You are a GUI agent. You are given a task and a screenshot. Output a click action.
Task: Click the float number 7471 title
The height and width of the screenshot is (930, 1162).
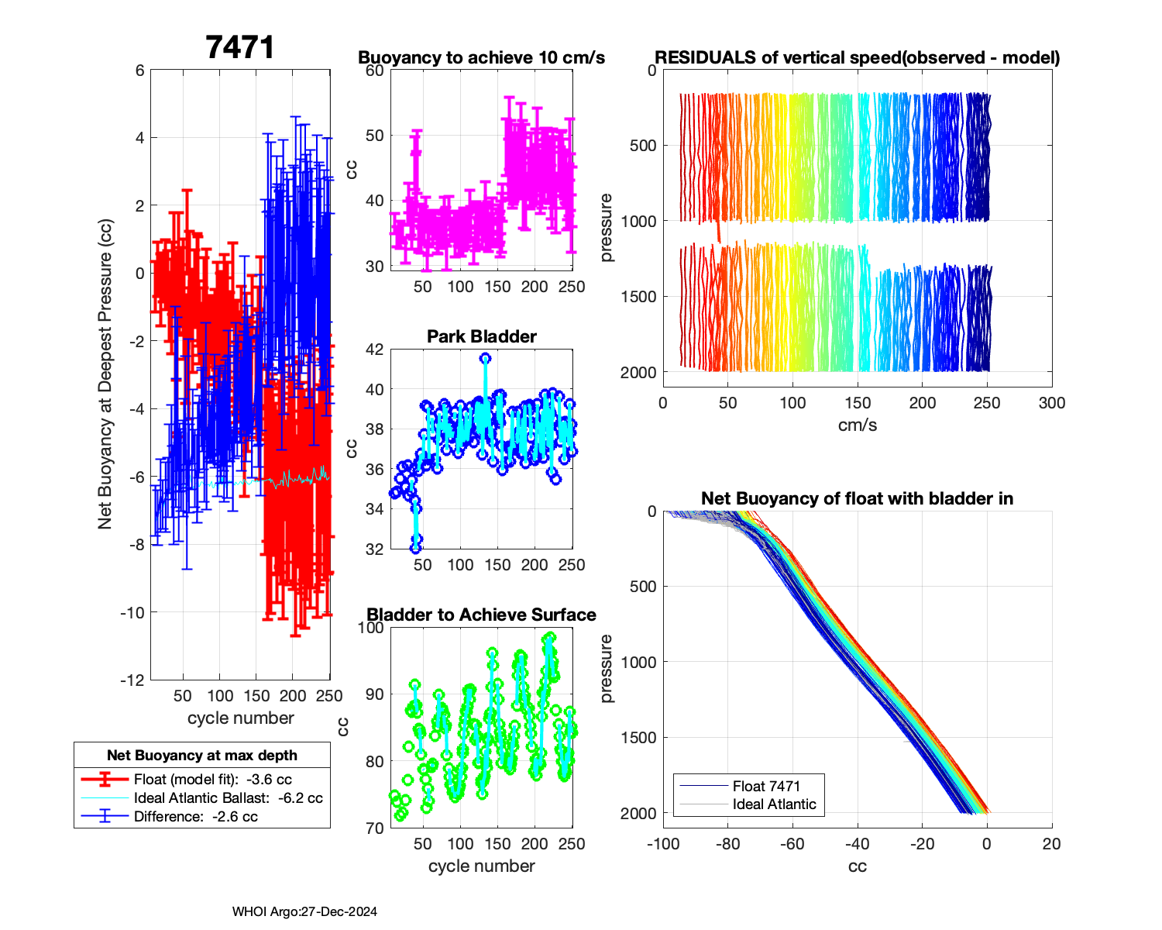(240, 47)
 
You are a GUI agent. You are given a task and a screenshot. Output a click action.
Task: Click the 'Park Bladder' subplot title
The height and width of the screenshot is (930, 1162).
(482, 336)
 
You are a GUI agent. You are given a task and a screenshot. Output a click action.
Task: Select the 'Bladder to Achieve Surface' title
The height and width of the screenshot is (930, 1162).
(482, 615)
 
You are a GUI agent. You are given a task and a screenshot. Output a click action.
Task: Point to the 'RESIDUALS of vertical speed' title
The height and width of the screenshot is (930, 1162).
(858, 57)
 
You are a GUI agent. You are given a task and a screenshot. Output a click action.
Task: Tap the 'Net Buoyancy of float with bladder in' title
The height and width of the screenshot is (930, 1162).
(858, 498)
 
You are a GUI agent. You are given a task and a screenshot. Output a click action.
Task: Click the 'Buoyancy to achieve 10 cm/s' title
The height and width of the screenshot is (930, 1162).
(482, 57)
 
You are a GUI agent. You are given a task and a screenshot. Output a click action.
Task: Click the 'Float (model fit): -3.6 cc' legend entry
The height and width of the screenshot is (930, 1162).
(213, 780)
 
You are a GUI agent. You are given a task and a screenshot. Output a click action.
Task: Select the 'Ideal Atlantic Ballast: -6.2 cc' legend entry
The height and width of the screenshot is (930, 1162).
(228, 798)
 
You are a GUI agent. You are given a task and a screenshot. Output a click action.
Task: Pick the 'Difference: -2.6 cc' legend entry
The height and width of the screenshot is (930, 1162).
(196, 817)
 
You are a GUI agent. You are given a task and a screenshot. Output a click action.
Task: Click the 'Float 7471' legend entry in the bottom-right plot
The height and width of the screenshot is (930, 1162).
(766, 786)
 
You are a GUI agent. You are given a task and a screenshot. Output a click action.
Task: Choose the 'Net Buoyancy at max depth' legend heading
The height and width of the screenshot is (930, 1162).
(202, 756)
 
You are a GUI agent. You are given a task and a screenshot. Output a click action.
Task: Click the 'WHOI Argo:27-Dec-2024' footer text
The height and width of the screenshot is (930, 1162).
(304, 911)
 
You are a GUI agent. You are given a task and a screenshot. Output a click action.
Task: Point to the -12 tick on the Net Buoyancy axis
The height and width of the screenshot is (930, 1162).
(132, 680)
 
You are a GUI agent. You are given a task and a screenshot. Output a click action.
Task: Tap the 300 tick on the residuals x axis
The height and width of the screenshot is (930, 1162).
(1052, 403)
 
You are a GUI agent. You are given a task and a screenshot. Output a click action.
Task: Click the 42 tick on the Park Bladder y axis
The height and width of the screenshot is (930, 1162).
(374, 350)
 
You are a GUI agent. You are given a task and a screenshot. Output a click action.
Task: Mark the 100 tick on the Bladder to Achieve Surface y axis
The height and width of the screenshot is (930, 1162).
(371, 628)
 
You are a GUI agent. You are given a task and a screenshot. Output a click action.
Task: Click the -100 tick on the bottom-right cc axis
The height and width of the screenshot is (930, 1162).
(663, 844)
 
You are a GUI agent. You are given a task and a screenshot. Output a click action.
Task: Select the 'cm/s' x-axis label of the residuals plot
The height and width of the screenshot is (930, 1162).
(858, 425)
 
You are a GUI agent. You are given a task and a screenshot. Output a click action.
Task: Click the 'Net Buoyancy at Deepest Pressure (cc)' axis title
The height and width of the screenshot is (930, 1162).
(105, 375)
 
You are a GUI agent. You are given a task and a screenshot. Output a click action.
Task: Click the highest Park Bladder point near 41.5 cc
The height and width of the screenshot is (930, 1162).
(485, 358)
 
